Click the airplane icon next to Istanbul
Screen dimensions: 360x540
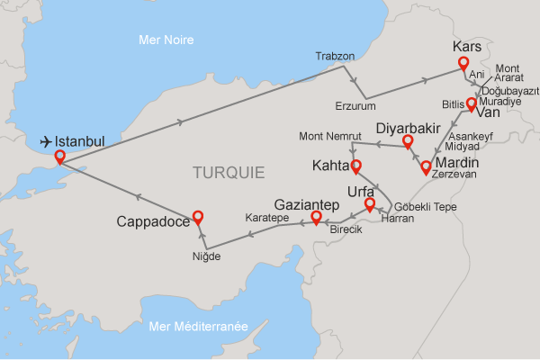[x=45, y=141]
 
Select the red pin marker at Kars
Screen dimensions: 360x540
[x=463, y=64]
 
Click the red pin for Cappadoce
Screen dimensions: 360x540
[x=198, y=217]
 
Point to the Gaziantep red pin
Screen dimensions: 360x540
[x=316, y=218]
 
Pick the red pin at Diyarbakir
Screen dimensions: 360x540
[x=408, y=141]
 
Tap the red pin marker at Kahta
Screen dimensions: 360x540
[x=355, y=166]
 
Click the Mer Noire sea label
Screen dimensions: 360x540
[x=167, y=40]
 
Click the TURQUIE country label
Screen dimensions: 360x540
[x=229, y=171]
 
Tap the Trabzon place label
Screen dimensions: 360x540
[x=335, y=56]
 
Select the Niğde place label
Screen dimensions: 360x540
[x=206, y=256]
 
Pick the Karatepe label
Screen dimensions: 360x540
[x=266, y=218]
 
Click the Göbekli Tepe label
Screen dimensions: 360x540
[x=427, y=206]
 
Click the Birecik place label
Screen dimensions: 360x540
[x=346, y=229]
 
